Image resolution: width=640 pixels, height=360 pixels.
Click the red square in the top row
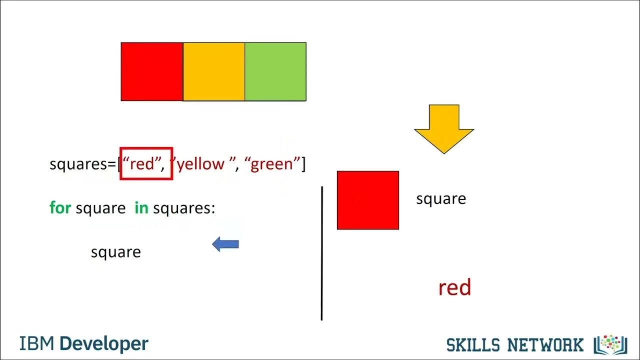click(152, 71)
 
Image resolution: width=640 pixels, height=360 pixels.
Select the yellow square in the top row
click(214, 71)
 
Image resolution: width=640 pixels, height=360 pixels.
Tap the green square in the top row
click(275, 71)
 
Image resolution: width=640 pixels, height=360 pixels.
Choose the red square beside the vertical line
click(368, 200)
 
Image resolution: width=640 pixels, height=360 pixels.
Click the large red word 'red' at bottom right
click(454, 288)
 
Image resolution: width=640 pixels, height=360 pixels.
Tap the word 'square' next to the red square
click(441, 199)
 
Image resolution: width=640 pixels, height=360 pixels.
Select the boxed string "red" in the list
click(143, 164)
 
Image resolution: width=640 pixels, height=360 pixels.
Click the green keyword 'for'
click(60, 207)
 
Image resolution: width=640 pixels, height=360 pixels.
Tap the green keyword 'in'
click(141, 207)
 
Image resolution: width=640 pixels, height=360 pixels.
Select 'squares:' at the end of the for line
click(184, 208)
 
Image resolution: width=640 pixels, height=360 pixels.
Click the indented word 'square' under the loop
click(116, 252)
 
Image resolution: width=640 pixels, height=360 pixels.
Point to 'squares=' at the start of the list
click(83, 164)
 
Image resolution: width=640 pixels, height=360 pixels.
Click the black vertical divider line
click(322, 253)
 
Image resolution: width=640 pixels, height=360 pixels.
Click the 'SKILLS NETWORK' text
click(514, 345)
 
